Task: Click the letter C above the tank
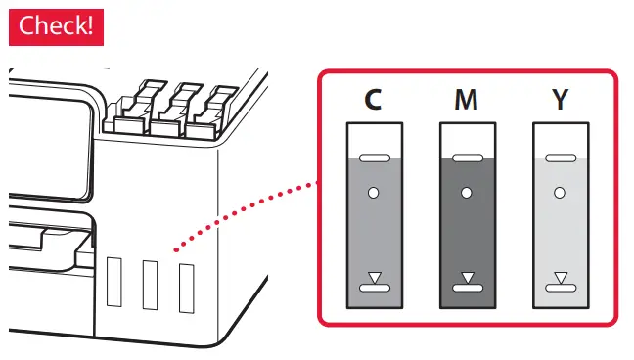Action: tap(373, 101)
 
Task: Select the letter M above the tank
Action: tap(467, 101)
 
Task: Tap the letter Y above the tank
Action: tap(560, 101)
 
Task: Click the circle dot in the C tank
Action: tap(373, 193)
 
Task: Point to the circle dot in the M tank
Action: tap(467, 193)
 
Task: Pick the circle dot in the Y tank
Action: tap(560, 193)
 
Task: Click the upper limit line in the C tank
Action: tap(374, 157)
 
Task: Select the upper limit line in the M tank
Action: tap(467, 157)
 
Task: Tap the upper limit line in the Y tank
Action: tap(560, 157)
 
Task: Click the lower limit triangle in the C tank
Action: tap(374, 278)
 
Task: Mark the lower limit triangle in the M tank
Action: tap(467, 278)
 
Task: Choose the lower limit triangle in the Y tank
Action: tap(560, 278)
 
